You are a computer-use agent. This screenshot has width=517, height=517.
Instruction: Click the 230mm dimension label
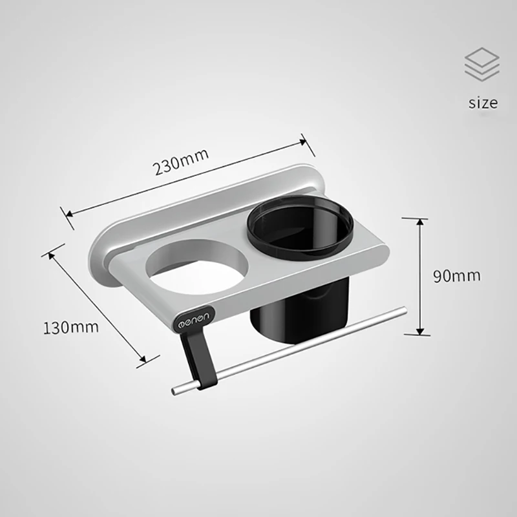(x=181, y=162)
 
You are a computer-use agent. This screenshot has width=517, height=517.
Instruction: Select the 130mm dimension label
(x=71, y=328)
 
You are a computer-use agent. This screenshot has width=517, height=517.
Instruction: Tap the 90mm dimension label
(x=457, y=276)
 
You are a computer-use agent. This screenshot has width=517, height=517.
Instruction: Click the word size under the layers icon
(x=483, y=103)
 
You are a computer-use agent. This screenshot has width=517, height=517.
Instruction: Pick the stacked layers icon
(x=482, y=64)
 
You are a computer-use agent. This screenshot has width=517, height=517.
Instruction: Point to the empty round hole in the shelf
(x=197, y=267)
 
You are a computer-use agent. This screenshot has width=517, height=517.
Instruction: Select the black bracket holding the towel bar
(x=198, y=359)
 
